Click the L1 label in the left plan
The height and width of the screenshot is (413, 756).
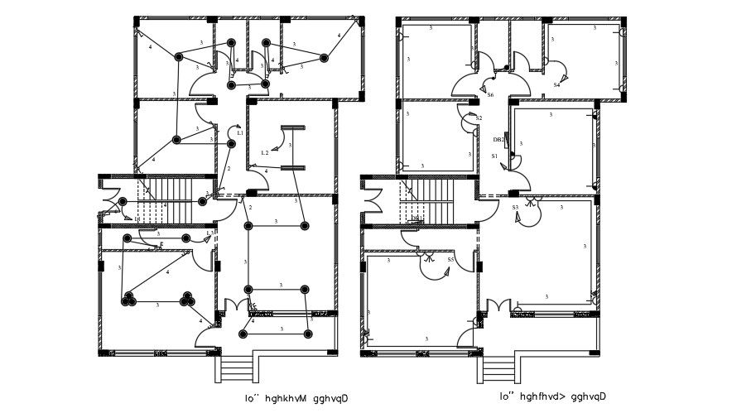click(x=239, y=132)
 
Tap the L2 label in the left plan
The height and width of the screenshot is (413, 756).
click(x=264, y=152)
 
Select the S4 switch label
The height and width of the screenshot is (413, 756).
click(x=556, y=84)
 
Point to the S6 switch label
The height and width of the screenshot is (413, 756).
click(x=490, y=95)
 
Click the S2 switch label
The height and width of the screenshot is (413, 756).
click(x=479, y=118)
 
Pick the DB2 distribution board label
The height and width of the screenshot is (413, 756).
click(x=498, y=139)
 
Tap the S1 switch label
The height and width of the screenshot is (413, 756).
click(x=494, y=156)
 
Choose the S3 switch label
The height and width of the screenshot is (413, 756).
click(x=514, y=207)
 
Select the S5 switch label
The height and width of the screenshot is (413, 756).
click(x=450, y=260)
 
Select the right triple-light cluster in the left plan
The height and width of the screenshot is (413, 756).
click(x=187, y=299)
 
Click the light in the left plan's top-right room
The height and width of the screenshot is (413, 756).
click(x=324, y=58)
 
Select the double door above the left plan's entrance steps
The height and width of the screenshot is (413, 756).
click(x=238, y=306)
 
